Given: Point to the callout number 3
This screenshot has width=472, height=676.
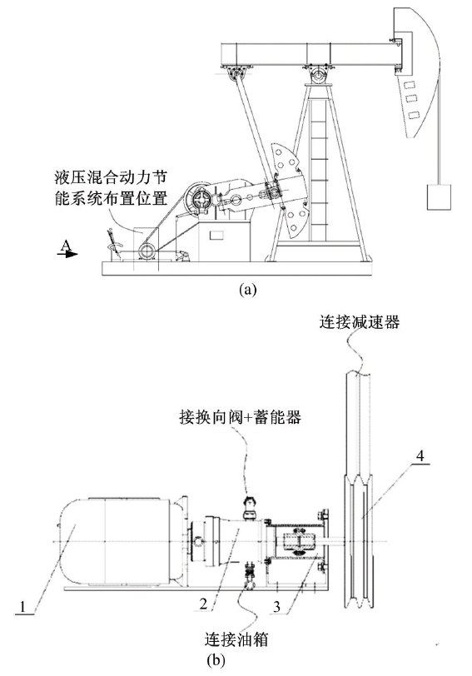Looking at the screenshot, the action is pyautogui.click(x=276, y=606).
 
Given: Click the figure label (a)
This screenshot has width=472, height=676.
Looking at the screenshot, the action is pyautogui.click(x=247, y=288).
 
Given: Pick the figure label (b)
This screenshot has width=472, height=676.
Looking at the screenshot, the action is pyautogui.click(x=216, y=660).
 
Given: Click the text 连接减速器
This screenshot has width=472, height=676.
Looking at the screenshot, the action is pyautogui.click(x=359, y=322).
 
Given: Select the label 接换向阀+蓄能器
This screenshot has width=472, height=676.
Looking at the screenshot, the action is pyautogui.click(x=240, y=417).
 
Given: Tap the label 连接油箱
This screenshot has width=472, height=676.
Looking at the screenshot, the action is pyautogui.click(x=236, y=639).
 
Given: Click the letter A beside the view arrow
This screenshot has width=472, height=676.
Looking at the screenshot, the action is pyautogui.click(x=65, y=245).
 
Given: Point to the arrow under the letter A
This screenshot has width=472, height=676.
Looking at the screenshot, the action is pyautogui.click(x=67, y=254).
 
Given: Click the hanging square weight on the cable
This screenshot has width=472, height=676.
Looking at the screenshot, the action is pyautogui.click(x=439, y=197).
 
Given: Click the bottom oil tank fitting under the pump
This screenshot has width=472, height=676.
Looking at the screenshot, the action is pyautogui.click(x=250, y=576).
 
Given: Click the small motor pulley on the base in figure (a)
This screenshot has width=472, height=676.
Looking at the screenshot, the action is pyautogui.click(x=147, y=251).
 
